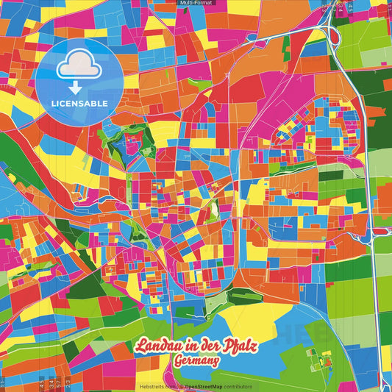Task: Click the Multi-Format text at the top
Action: point(196,4)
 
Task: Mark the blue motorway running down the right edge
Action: point(373,243)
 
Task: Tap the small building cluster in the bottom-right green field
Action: point(324,358)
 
